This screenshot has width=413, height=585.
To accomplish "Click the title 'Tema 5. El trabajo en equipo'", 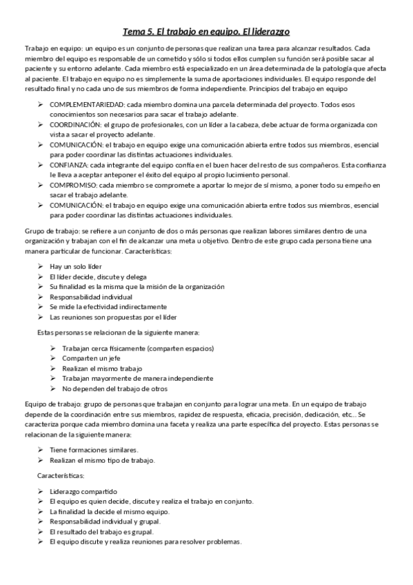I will (x=206, y=32).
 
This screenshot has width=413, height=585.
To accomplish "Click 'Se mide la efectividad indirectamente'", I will (x=108, y=306).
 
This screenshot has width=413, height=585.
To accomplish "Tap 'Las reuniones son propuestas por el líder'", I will (x=113, y=317).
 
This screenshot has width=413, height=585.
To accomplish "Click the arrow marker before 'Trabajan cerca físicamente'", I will (x=53, y=348).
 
